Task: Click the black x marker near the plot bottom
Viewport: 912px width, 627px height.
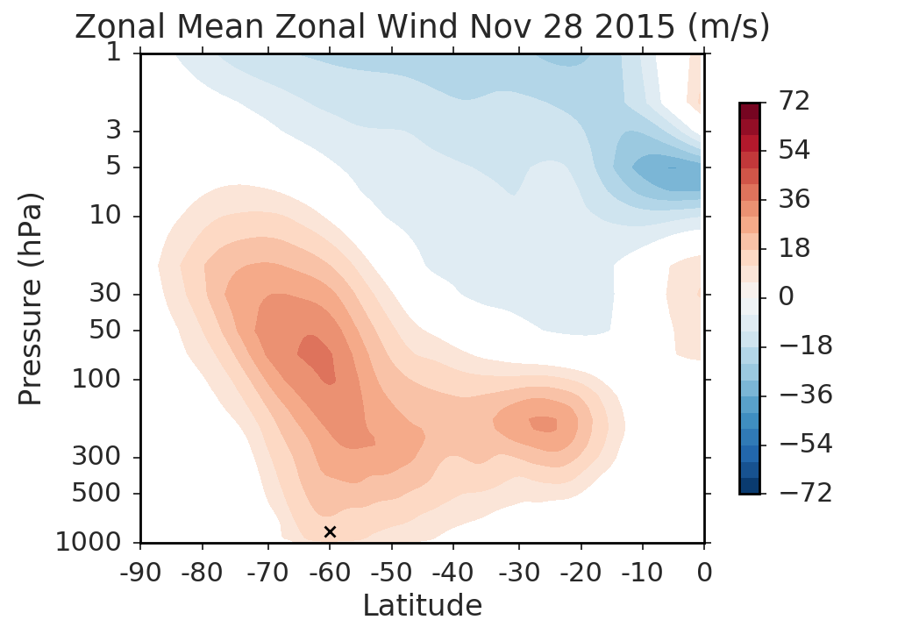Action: tap(330, 531)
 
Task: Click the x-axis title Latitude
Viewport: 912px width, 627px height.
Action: tap(422, 605)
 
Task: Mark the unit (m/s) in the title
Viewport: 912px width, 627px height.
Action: tap(725, 26)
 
